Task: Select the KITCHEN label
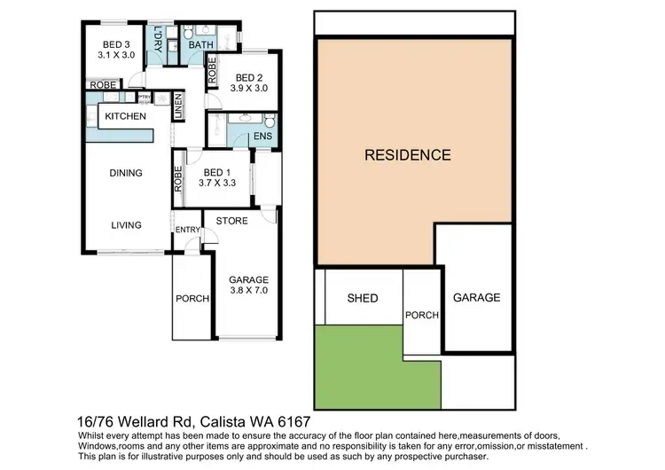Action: coord(126,117)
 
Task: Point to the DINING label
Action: coord(126,173)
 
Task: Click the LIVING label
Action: coord(126,225)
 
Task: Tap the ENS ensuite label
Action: coord(262,136)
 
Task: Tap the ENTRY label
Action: coord(186,231)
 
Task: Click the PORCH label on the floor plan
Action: coord(192,299)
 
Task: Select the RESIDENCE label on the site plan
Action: coord(408,154)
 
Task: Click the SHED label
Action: coord(362,298)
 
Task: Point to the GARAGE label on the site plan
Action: coord(477,298)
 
